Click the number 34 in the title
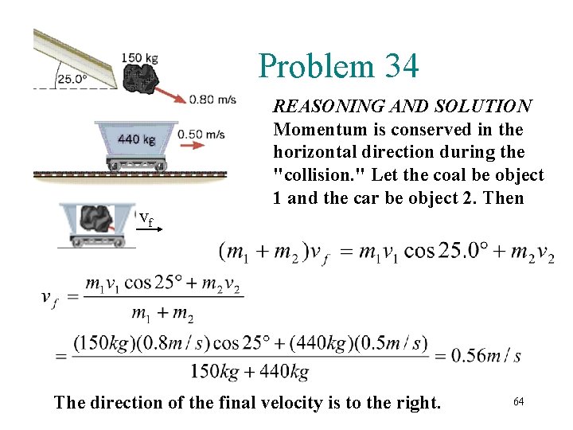pyautogui.click(x=397, y=66)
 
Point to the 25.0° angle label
pyautogui.click(x=72, y=79)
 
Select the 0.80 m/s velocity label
pyautogui.click(x=212, y=100)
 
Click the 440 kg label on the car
pyautogui.click(x=136, y=140)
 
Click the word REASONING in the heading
pyautogui.click(x=321, y=106)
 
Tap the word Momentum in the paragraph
pyautogui.click(x=313, y=129)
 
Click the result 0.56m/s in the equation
pyautogui.click(x=485, y=354)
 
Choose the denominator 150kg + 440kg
pyautogui.click(x=250, y=371)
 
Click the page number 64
pyautogui.click(x=518, y=401)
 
